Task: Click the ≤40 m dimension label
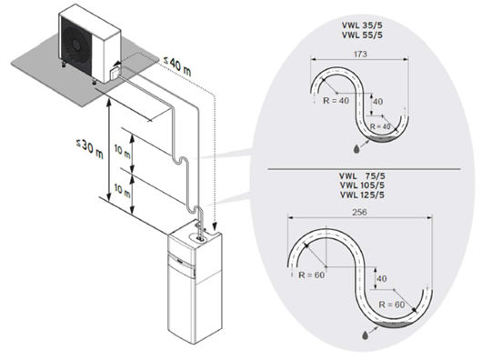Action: (176, 66)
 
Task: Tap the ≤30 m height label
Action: (90, 148)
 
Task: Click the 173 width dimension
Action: (360, 54)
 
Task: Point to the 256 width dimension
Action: (359, 212)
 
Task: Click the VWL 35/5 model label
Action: (362, 25)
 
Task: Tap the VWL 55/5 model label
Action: (362, 35)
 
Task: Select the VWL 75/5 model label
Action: (362, 176)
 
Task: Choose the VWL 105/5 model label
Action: (362, 185)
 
